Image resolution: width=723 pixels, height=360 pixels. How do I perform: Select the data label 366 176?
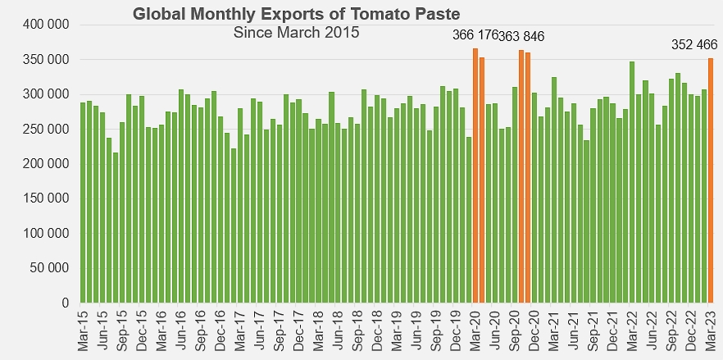(475, 35)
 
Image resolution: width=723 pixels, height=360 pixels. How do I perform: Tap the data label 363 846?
(521, 36)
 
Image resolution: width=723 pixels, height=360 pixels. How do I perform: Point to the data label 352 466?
(693, 45)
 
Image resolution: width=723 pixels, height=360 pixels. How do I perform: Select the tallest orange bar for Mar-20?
(475, 175)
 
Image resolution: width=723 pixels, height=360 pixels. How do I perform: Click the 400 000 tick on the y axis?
(46, 25)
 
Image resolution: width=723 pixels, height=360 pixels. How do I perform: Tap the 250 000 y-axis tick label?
(46, 130)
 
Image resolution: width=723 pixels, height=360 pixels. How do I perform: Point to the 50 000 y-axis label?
(49, 268)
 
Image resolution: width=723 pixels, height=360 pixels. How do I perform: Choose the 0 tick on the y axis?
(65, 303)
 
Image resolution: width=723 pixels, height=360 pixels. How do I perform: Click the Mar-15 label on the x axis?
(83, 330)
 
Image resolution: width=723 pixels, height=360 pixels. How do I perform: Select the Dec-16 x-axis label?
(221, 330)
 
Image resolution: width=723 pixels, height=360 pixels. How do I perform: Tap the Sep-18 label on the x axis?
(357, 330)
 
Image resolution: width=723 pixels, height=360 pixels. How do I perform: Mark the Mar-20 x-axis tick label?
(475, 330)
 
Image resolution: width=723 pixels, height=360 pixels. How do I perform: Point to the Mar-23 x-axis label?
(711, 330)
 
